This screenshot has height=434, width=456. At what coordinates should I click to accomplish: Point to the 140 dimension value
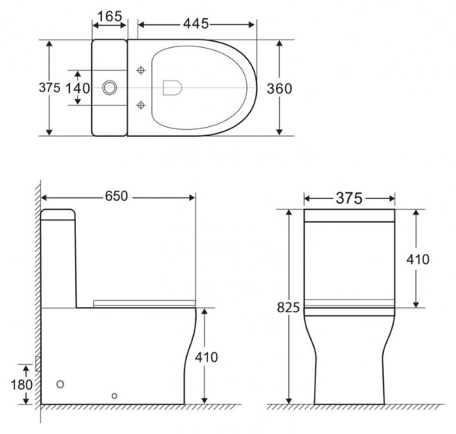pos(76,87)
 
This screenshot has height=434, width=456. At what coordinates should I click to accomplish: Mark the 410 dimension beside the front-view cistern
pos(416,259)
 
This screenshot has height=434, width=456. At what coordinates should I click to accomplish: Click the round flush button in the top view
pos(109,87)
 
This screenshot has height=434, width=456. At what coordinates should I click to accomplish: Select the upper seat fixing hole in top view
pos(141,71)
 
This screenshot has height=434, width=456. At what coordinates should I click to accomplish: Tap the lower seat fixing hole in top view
pos(141,104)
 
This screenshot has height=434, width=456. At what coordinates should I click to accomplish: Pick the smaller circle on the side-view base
pos(114,395)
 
